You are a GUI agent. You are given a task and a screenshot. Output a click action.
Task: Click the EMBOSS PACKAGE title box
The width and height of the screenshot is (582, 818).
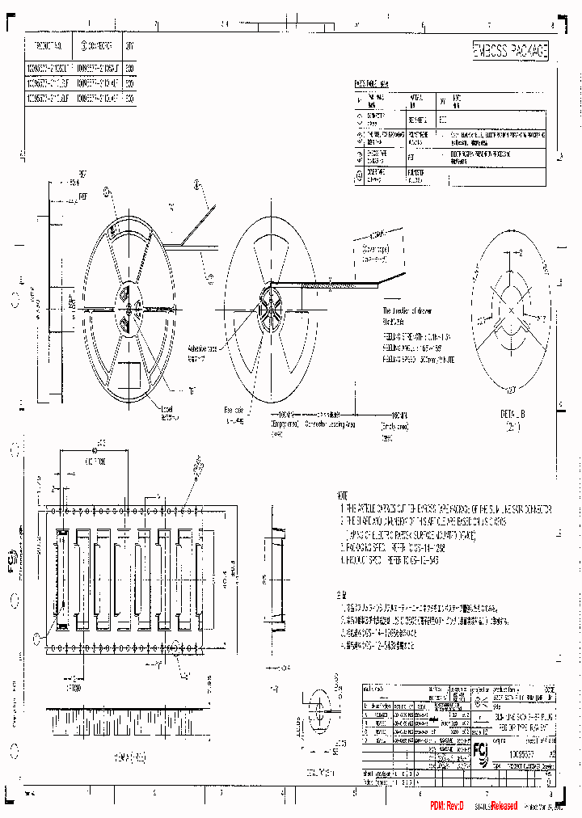[x=510, y=51]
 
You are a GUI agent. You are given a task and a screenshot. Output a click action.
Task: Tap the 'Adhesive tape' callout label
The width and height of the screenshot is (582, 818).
[x=201, y=350]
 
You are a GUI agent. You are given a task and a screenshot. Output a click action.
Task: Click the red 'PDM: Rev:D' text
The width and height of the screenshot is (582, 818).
[x=447, y=807]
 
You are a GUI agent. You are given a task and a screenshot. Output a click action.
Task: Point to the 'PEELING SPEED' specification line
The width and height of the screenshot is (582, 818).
[x=418, y=360]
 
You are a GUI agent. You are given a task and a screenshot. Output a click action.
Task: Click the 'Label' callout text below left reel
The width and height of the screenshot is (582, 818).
[x=167, y=409]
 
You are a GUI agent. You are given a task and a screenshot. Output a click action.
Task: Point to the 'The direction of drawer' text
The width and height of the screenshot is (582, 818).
[x=410, y=311]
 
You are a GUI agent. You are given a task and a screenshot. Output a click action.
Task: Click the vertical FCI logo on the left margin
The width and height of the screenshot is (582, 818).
[x=13, y=563]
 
